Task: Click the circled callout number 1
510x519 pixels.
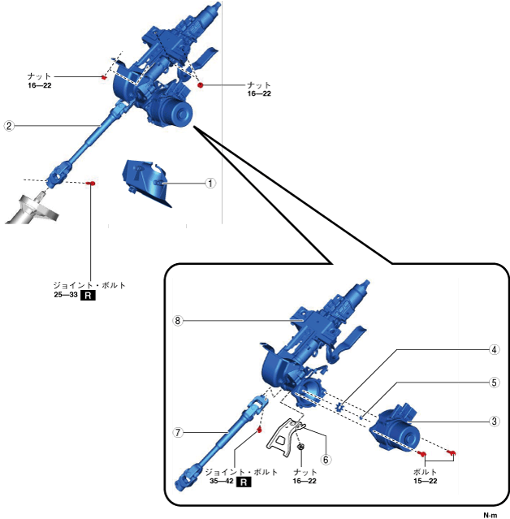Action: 210,183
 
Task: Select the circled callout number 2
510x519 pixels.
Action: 9,126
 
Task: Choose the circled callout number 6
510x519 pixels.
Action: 326,458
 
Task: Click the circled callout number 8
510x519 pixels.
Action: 179,320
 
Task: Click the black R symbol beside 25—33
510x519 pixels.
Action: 89,296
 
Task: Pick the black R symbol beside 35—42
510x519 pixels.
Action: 243,481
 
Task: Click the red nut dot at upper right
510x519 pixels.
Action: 200,84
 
